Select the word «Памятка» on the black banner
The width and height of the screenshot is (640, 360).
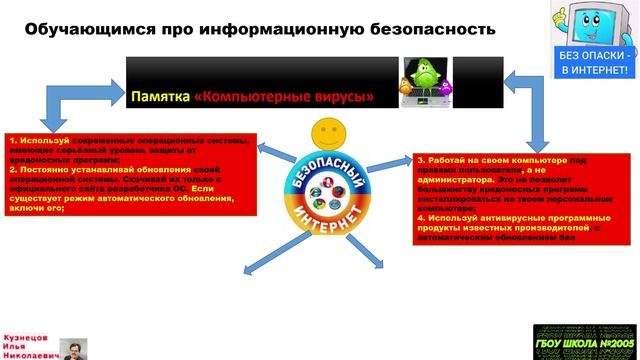pyautogui.click(x=159, y=98)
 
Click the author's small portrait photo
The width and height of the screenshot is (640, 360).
pyautogui.click(x=72, y=347)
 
